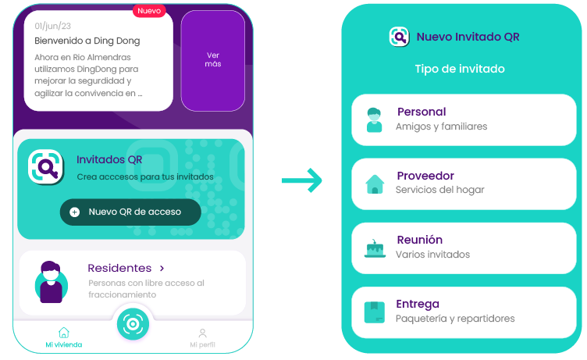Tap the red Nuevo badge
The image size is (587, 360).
coord(148,11)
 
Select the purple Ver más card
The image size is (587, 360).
coord(213,60)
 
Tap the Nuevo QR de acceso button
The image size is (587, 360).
coord(130,212)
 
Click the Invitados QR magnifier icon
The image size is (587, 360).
coord(46,166)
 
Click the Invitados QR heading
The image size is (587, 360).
coord(109,160)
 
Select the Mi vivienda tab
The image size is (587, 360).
coord(63,338)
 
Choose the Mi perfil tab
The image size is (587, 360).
coord(202,338)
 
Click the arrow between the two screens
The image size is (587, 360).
coord(302,181)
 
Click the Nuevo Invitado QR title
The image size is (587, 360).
coord(468,37)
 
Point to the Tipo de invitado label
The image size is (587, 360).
coord(459,69)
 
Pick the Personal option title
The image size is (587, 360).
coord(422,112)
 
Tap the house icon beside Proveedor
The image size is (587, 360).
coord(375,184)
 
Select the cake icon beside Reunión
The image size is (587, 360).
coord(375,248)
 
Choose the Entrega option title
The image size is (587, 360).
coord(418,304)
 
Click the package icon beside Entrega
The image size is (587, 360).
coord(375,312)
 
